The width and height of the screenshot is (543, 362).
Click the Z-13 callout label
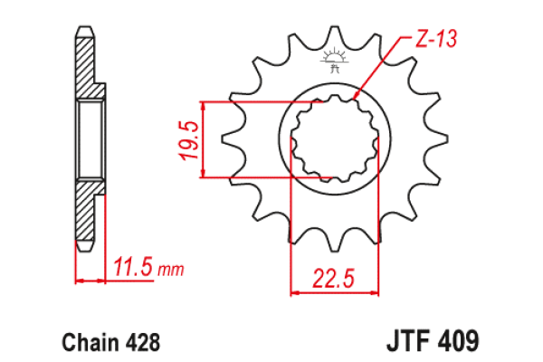(x=436, y=38)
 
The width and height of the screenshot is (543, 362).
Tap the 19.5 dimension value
(x=189, y=140)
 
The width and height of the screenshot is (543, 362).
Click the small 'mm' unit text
(x=171, y=270)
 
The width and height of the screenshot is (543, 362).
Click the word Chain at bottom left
(x=90, y=342)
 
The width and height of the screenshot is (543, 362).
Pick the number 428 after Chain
(x=143, y=342)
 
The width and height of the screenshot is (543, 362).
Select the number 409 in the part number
(x=458, y=341)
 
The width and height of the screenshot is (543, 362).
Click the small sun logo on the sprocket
(x=334, y=61)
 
